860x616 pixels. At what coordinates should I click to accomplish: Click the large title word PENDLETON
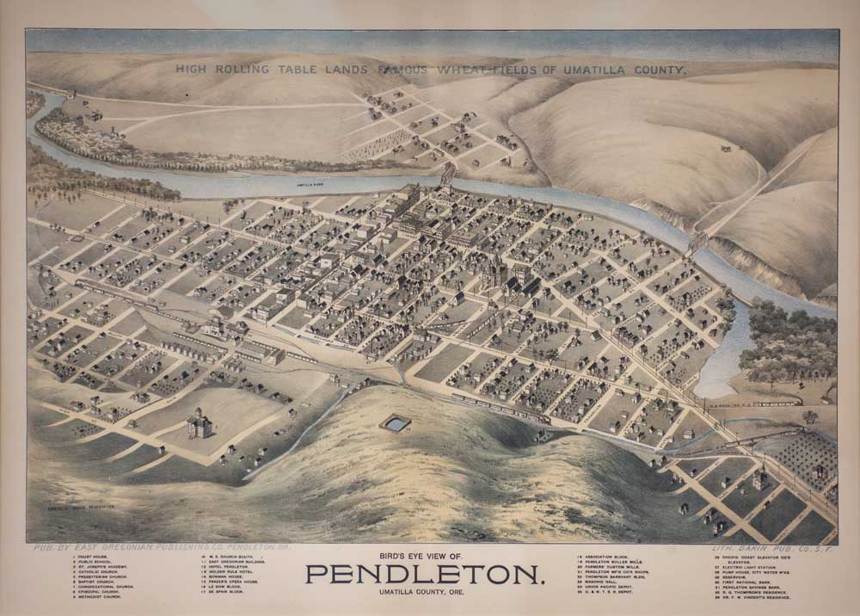click(x=425, y=574)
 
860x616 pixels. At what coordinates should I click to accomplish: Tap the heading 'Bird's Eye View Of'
click(x=425, y=557)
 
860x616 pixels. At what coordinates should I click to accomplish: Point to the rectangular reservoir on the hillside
click(x=396, y=423)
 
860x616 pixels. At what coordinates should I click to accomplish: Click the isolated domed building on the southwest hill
click(x=199, y=423)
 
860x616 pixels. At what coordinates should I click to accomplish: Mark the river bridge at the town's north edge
click(x=448, y=176)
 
